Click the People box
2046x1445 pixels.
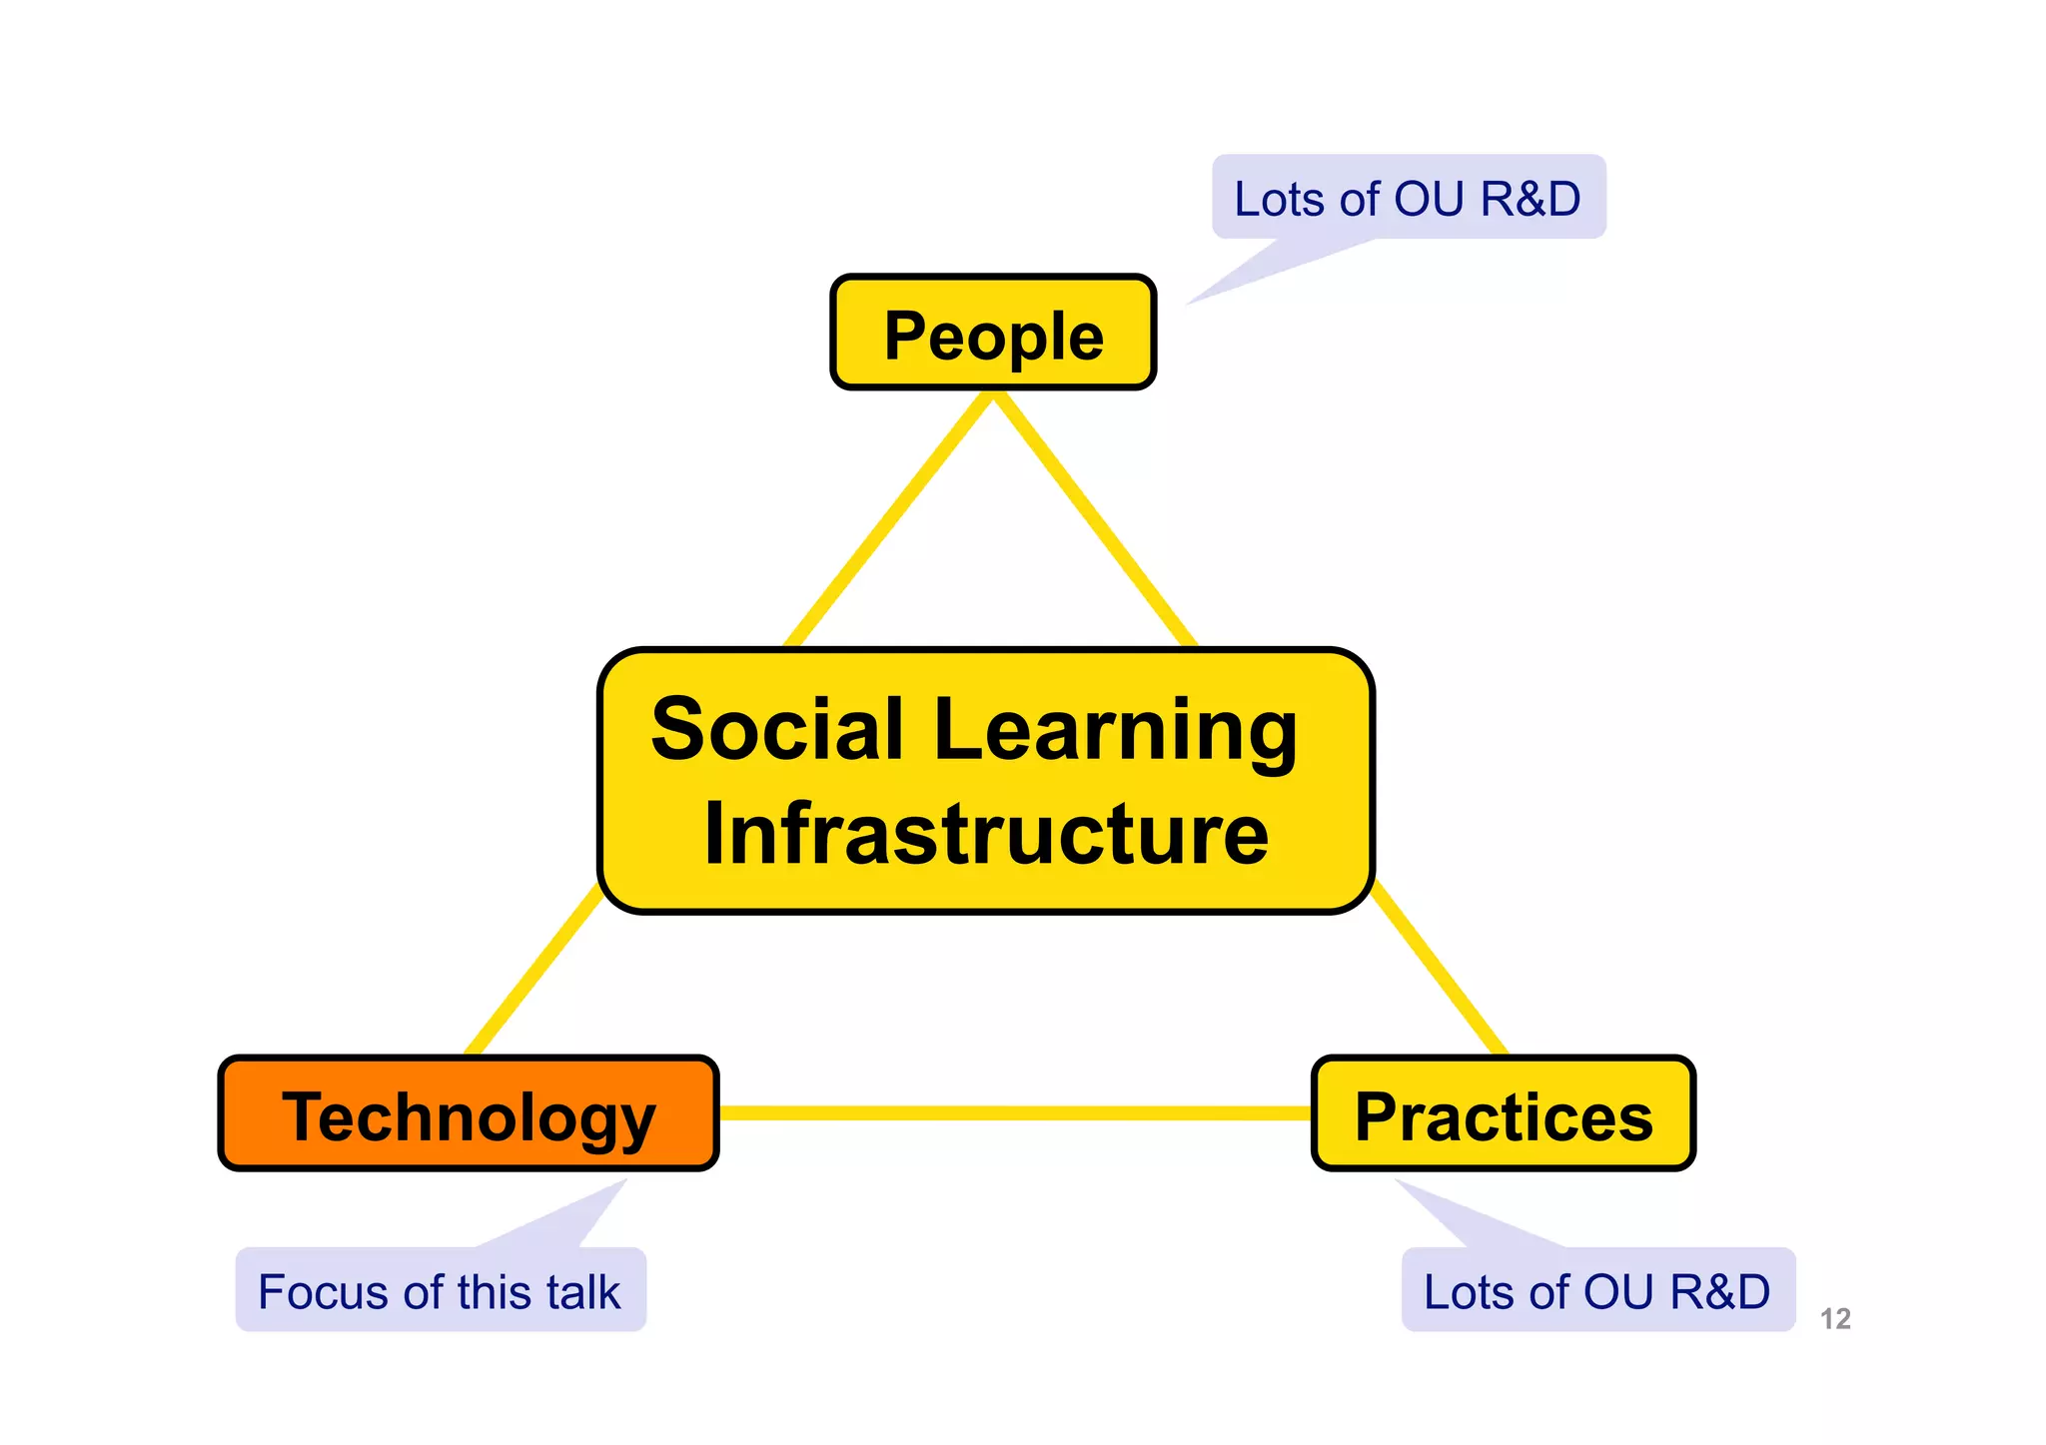(993, 333)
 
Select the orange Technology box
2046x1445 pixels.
(469, 1113)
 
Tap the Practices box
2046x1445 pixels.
(1503, 1113)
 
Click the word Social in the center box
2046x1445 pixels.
(777, 729)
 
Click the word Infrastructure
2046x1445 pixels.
(986, 834)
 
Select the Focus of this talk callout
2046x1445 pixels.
(441, 1290)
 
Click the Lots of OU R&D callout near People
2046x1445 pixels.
(1408, 197)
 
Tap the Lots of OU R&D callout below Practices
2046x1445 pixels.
(1597, 1290)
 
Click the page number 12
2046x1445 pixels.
(1835, 1319)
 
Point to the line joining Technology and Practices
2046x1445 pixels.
(1014, 1112)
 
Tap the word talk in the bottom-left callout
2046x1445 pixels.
(583, 1292)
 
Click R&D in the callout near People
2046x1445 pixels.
(1530, 199)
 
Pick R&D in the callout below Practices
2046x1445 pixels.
(1719, 1292)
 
